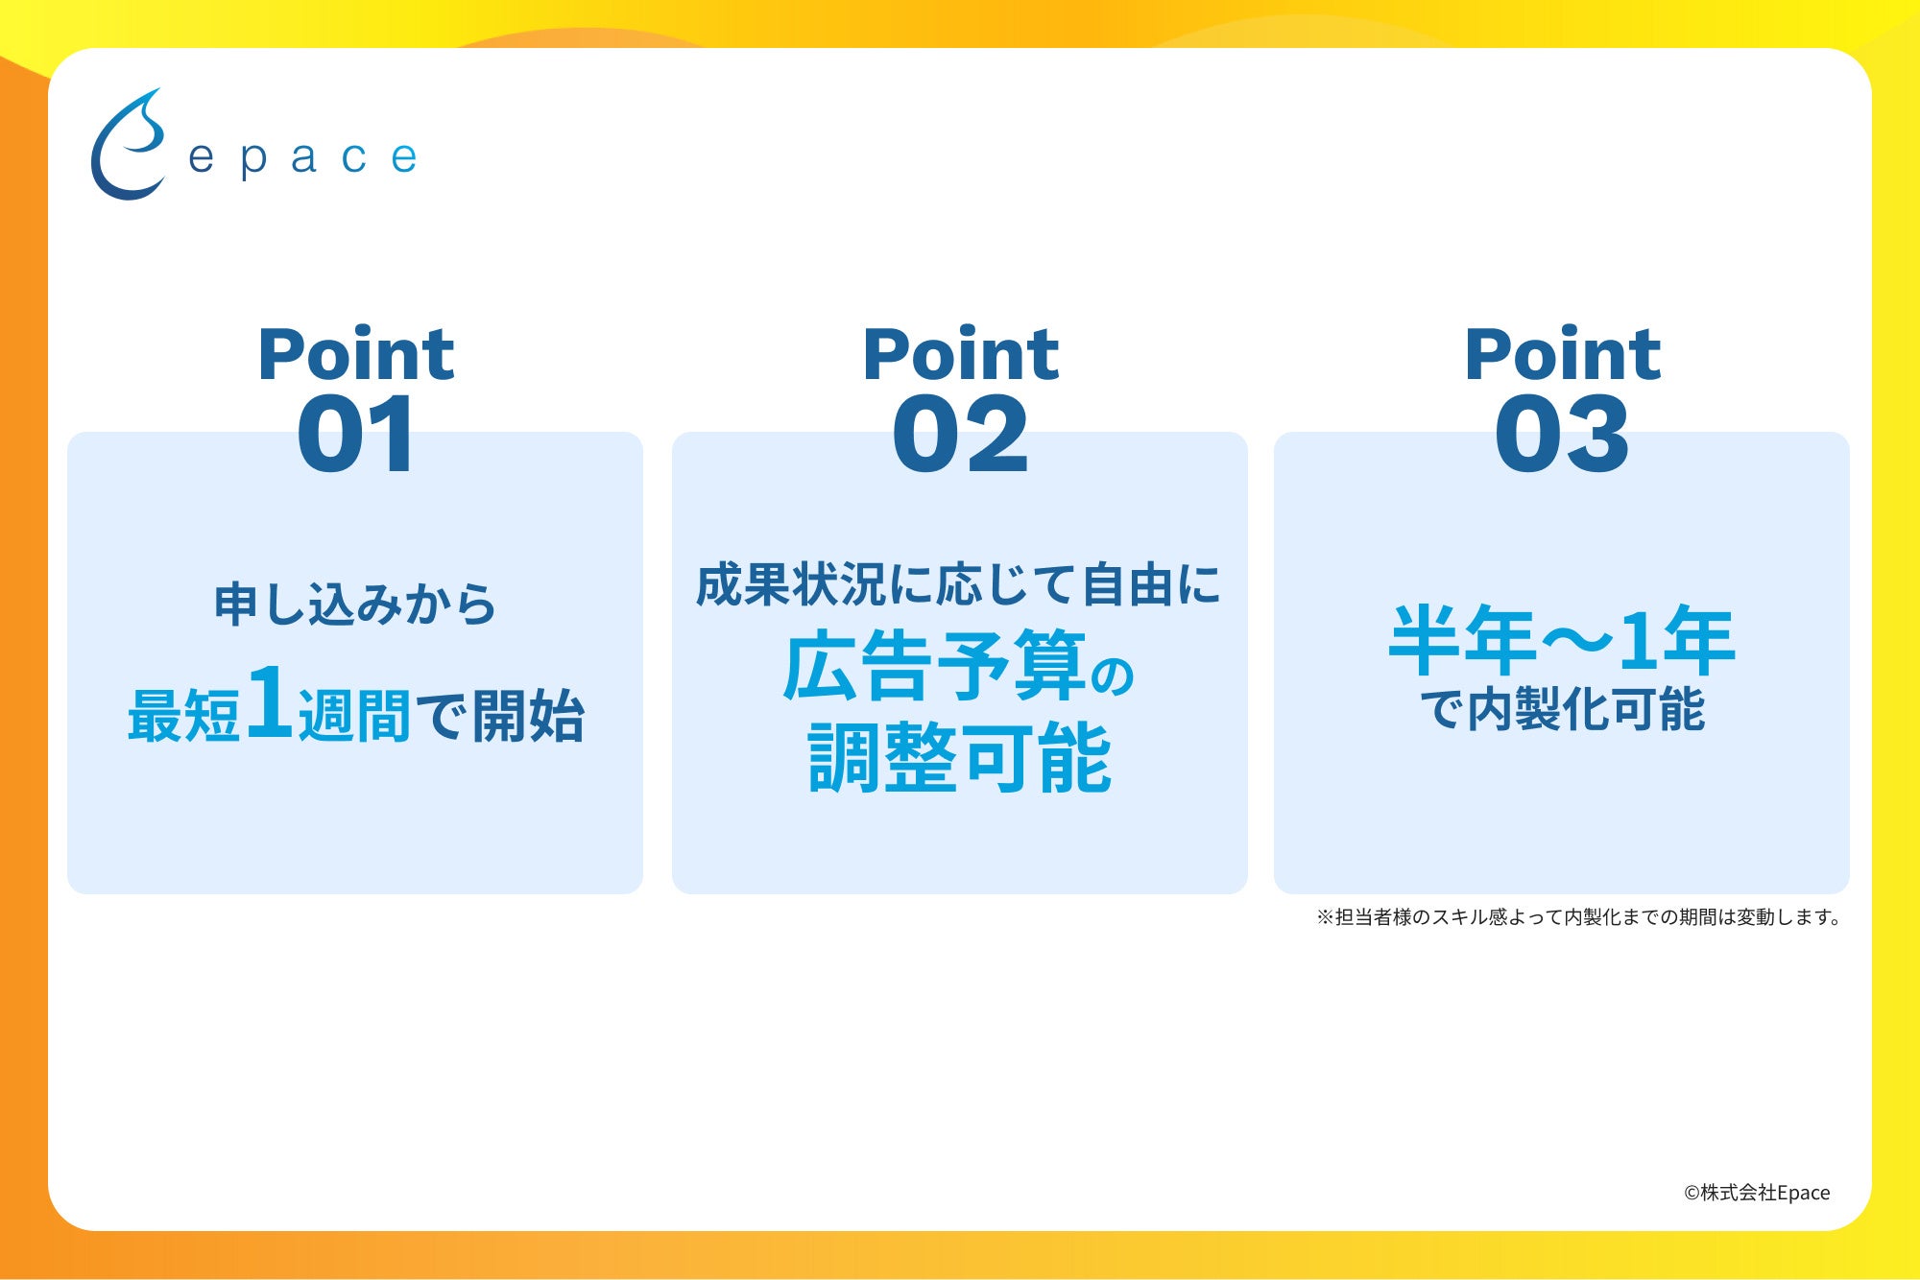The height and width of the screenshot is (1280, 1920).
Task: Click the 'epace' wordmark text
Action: point(302,158)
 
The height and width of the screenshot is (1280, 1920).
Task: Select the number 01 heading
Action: point(356,435)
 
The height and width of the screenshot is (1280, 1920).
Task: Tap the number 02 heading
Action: point(960,435)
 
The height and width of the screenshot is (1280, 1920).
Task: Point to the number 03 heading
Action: point(1562,435)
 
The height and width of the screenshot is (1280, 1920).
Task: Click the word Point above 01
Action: point(356,354)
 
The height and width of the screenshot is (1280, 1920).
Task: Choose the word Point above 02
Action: point(961,354)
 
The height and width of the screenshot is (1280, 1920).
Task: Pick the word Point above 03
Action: point(1563,354)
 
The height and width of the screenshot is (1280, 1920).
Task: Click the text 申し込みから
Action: point(355,604)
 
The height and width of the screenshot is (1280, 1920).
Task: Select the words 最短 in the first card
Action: point(183,715)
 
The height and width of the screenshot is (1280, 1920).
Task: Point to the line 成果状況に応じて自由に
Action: point(959,585)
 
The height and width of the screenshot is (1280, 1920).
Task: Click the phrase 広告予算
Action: point(935,666)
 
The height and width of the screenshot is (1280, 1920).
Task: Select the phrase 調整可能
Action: point(960,758)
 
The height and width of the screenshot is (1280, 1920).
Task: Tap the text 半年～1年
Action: point(1562,640)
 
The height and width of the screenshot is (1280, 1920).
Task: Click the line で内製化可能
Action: point(1562,710)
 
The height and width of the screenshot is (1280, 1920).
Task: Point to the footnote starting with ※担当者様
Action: point(1578,917)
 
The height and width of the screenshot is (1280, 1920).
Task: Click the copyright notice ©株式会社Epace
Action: point(1757,1193)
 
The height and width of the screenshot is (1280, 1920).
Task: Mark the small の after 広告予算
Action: point(1113,676)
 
